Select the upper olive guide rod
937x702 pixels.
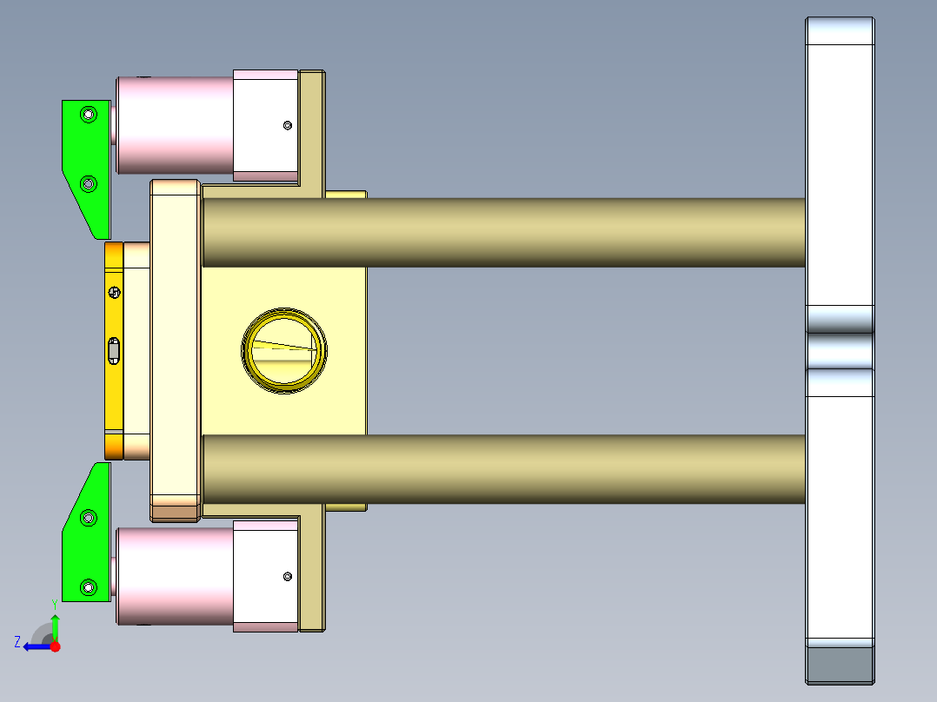(x=504, y=232)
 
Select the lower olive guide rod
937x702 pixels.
(x=504, y=469)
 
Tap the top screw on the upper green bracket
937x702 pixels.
(x=87, y=114)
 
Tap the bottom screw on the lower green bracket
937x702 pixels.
(x=87, y=588)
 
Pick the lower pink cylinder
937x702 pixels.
(x=174, y=575)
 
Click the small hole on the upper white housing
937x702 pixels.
(x=288, y=126)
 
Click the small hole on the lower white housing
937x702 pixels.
(x=288, y=575)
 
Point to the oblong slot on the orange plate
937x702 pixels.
(x=113, y=351)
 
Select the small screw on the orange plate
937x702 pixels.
(x=113, y=292)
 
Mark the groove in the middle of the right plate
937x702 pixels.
(x=840, y=350)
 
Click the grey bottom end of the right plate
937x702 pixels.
(x=840, y=665)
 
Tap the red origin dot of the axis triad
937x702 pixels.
(x=55, y=646)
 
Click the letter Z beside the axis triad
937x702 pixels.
(x=17, y=642)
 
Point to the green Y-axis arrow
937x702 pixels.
(x=55, y=626)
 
